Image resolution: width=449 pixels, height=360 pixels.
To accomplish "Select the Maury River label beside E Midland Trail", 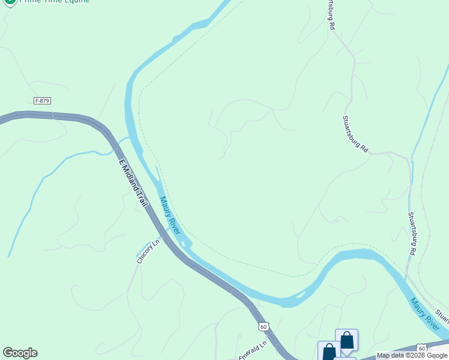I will point(170,215).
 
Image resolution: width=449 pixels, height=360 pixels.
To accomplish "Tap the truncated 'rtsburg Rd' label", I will point(330,15).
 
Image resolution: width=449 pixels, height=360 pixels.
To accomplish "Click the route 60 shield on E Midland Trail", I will point(264,326).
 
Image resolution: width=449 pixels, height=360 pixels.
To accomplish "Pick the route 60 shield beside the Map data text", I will point(422,348).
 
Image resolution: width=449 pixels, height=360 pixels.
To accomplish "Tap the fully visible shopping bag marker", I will point(346,340).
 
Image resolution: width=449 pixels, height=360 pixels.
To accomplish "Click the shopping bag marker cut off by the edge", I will point(328,352).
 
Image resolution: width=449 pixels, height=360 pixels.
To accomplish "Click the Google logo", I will point(20,353).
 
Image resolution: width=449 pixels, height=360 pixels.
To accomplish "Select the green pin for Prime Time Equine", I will point(9,2).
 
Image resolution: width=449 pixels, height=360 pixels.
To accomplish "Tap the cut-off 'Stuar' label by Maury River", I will point(442,314).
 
